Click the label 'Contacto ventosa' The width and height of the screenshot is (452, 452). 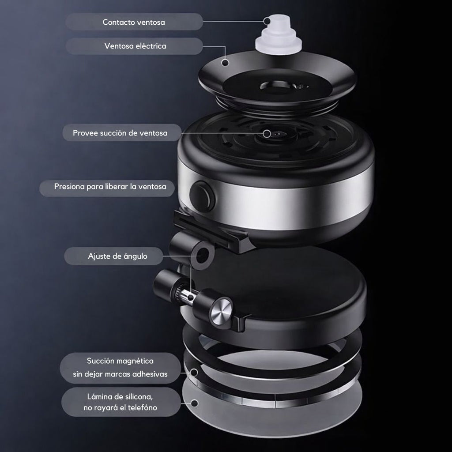coord(134,22)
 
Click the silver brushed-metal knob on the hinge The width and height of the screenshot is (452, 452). coord(222,309)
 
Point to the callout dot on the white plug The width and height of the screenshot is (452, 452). coord(267,21)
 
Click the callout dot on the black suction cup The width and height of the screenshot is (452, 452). coord(226,62)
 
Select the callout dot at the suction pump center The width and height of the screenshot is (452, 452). coord(267,133)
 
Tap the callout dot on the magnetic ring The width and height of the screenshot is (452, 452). coord(194,373)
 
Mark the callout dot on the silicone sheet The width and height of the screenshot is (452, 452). coord(195,403)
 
